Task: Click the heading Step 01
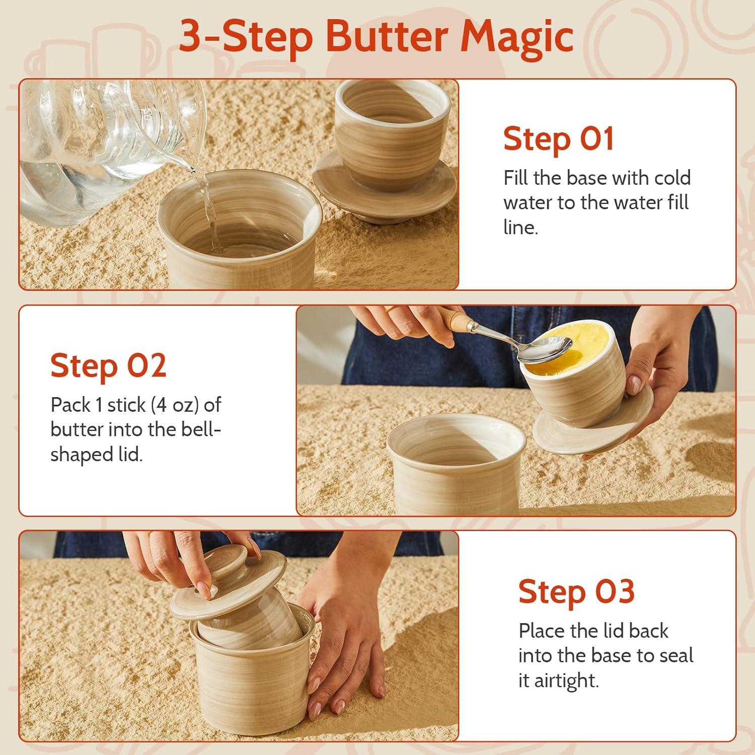559,138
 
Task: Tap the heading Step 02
108,365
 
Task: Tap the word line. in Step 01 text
521,228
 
